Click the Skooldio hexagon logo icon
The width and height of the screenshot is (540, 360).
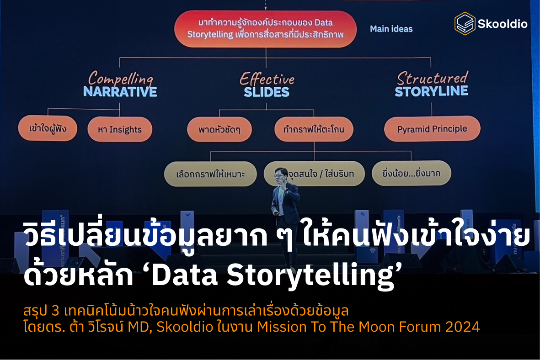465,23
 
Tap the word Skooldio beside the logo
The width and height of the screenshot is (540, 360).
502,24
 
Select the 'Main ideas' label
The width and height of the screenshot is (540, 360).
391,29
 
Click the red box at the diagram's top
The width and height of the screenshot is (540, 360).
266,28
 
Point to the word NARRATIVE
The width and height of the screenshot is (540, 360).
120,92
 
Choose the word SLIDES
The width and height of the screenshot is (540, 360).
267,92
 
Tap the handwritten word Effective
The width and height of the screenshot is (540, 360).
267,79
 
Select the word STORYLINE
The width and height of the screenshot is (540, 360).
431,91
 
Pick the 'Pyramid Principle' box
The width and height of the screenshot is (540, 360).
432,129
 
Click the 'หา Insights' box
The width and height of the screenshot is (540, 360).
119,130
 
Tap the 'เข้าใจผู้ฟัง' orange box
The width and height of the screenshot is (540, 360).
48,129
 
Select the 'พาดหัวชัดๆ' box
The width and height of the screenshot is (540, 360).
219,130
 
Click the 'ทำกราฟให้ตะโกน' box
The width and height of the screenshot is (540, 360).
313,129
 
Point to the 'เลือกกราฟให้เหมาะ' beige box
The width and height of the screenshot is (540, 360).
210,174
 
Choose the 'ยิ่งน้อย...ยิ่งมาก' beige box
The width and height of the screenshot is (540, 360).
411,173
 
